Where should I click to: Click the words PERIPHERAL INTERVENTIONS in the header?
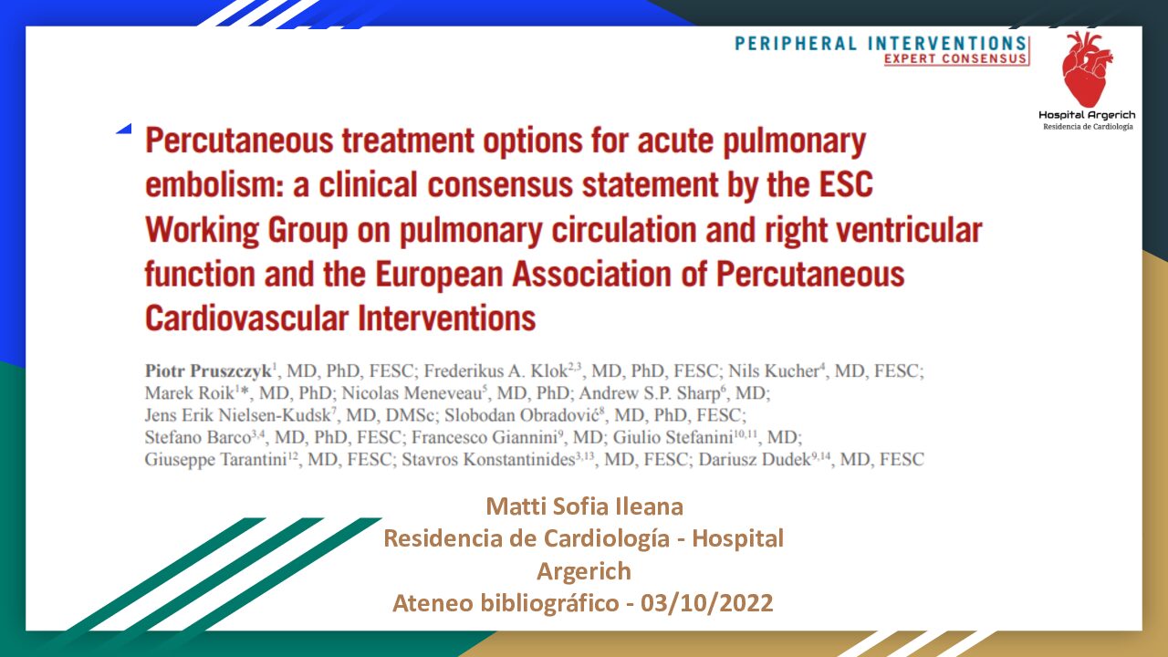point(881,43)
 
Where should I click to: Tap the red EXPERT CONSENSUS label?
point(955,58)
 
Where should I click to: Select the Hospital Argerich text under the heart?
point(1087,115)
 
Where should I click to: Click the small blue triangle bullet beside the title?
point(125,129)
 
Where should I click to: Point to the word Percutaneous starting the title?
point(239,141)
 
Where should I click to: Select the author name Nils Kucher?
point(774,371)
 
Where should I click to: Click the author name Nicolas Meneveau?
point(412,393)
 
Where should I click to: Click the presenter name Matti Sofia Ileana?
point(585,506)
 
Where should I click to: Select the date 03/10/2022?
point(706,603)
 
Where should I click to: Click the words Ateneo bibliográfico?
point(506,604)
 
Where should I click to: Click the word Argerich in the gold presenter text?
point(584,571)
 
